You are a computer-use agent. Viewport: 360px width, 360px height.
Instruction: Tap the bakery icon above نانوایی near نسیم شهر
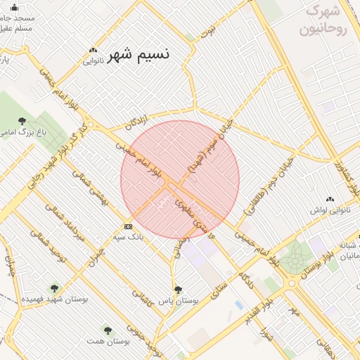pos(93,50)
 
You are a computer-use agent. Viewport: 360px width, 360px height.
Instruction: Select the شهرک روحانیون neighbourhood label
pos(324,22)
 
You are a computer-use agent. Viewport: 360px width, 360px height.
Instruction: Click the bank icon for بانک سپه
pos(128,226)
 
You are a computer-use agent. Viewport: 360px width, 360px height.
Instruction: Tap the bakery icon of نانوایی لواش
pos(330,200)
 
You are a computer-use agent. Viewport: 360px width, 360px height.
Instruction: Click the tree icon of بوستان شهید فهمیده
pos(55,288)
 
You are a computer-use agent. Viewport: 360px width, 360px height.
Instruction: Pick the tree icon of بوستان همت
pos(108,329)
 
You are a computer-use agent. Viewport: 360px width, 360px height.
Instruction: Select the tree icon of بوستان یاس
pos(177,288)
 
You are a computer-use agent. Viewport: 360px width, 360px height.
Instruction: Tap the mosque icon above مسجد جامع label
pos(6,8)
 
